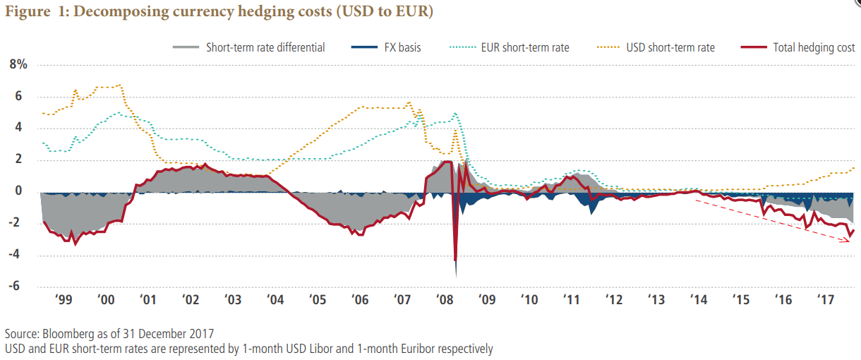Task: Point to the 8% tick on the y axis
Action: tap(18, 65)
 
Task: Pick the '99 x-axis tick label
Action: tap(63, 300)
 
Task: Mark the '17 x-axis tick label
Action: tap(825, 300)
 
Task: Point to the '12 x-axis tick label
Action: tap(613, 300)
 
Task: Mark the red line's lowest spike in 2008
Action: tap(455, 260)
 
